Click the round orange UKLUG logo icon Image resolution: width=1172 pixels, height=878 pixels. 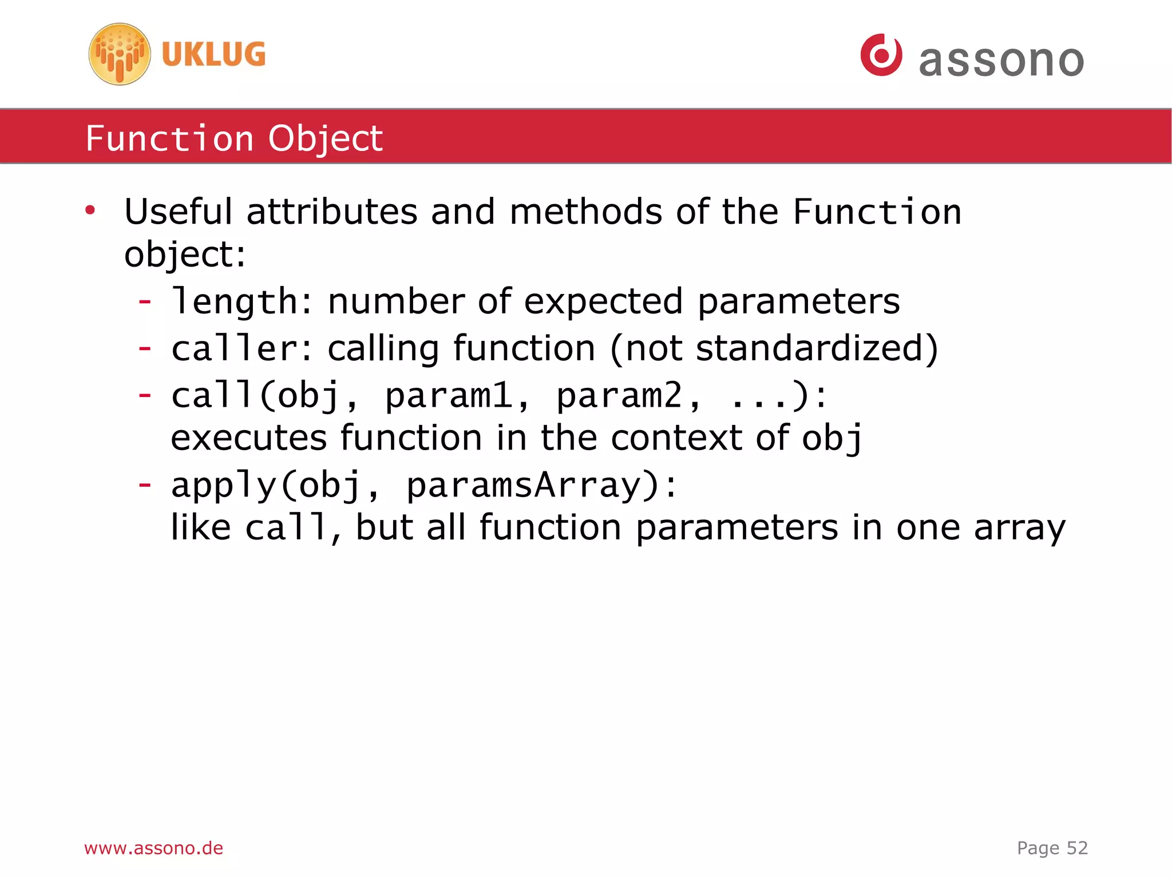120,54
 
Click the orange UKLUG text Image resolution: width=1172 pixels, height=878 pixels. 213,54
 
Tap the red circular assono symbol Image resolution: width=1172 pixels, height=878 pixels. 881,55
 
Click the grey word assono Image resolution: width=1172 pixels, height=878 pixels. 1001,60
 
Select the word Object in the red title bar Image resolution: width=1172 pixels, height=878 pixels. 326,139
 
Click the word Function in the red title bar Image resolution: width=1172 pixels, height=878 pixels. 169,138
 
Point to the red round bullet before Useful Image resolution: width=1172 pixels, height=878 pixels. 90,211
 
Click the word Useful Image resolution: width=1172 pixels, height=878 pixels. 178,212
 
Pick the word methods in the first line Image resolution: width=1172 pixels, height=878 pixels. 585,212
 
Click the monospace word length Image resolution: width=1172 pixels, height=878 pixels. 235,301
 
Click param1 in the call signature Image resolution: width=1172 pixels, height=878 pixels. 449,395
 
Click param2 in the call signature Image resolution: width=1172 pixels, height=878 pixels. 620,395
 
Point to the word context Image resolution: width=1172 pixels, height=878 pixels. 676,438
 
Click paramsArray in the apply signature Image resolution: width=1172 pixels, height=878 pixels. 524,485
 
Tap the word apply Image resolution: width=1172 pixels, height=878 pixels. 224,485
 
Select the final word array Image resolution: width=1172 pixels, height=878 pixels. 1019,528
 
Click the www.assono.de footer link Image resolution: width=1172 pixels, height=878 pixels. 153,848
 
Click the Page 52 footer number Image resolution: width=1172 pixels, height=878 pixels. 1052,848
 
